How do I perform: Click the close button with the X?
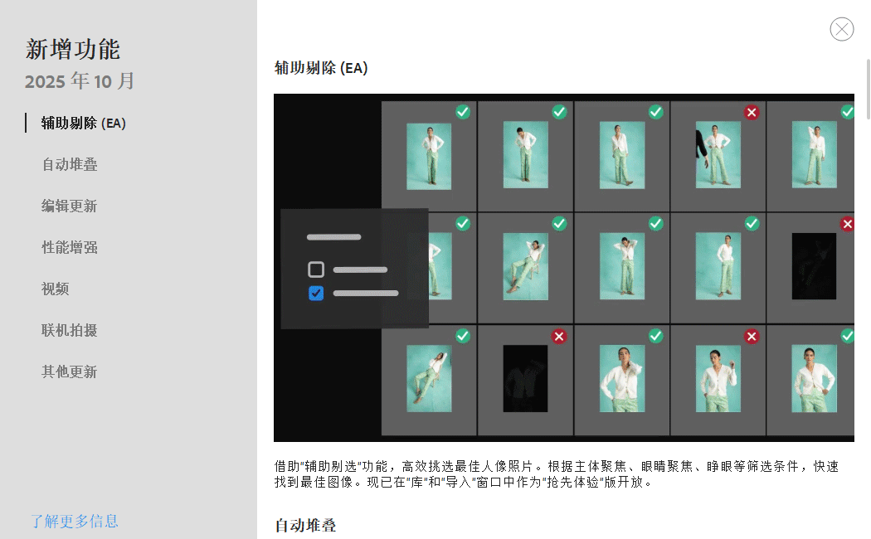pos(842,29)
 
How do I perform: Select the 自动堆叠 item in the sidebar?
pos(70,164)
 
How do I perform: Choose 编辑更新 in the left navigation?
pos(70,206)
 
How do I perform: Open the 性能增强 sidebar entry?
pos(70,247)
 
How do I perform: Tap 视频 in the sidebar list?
pos(56,289)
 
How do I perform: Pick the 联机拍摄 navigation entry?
pos(70,330)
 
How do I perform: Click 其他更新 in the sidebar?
pos(70,371)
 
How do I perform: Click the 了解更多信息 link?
pos(75,521)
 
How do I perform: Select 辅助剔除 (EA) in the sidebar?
pos(83,123)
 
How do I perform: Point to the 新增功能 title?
pos(73,49)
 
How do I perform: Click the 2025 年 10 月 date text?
pos(80,81)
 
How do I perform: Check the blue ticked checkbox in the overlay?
pos(316,293)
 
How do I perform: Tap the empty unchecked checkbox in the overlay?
pos(316,269)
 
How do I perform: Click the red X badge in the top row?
pos(752,112)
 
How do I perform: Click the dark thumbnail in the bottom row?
pos(525,379)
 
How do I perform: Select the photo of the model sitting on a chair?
pos(525,266)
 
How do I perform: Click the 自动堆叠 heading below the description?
pos(305,525)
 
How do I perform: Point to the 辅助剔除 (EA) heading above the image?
pos(321,68)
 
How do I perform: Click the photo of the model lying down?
pos(429,379)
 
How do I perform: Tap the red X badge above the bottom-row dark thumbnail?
pos(559,336)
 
